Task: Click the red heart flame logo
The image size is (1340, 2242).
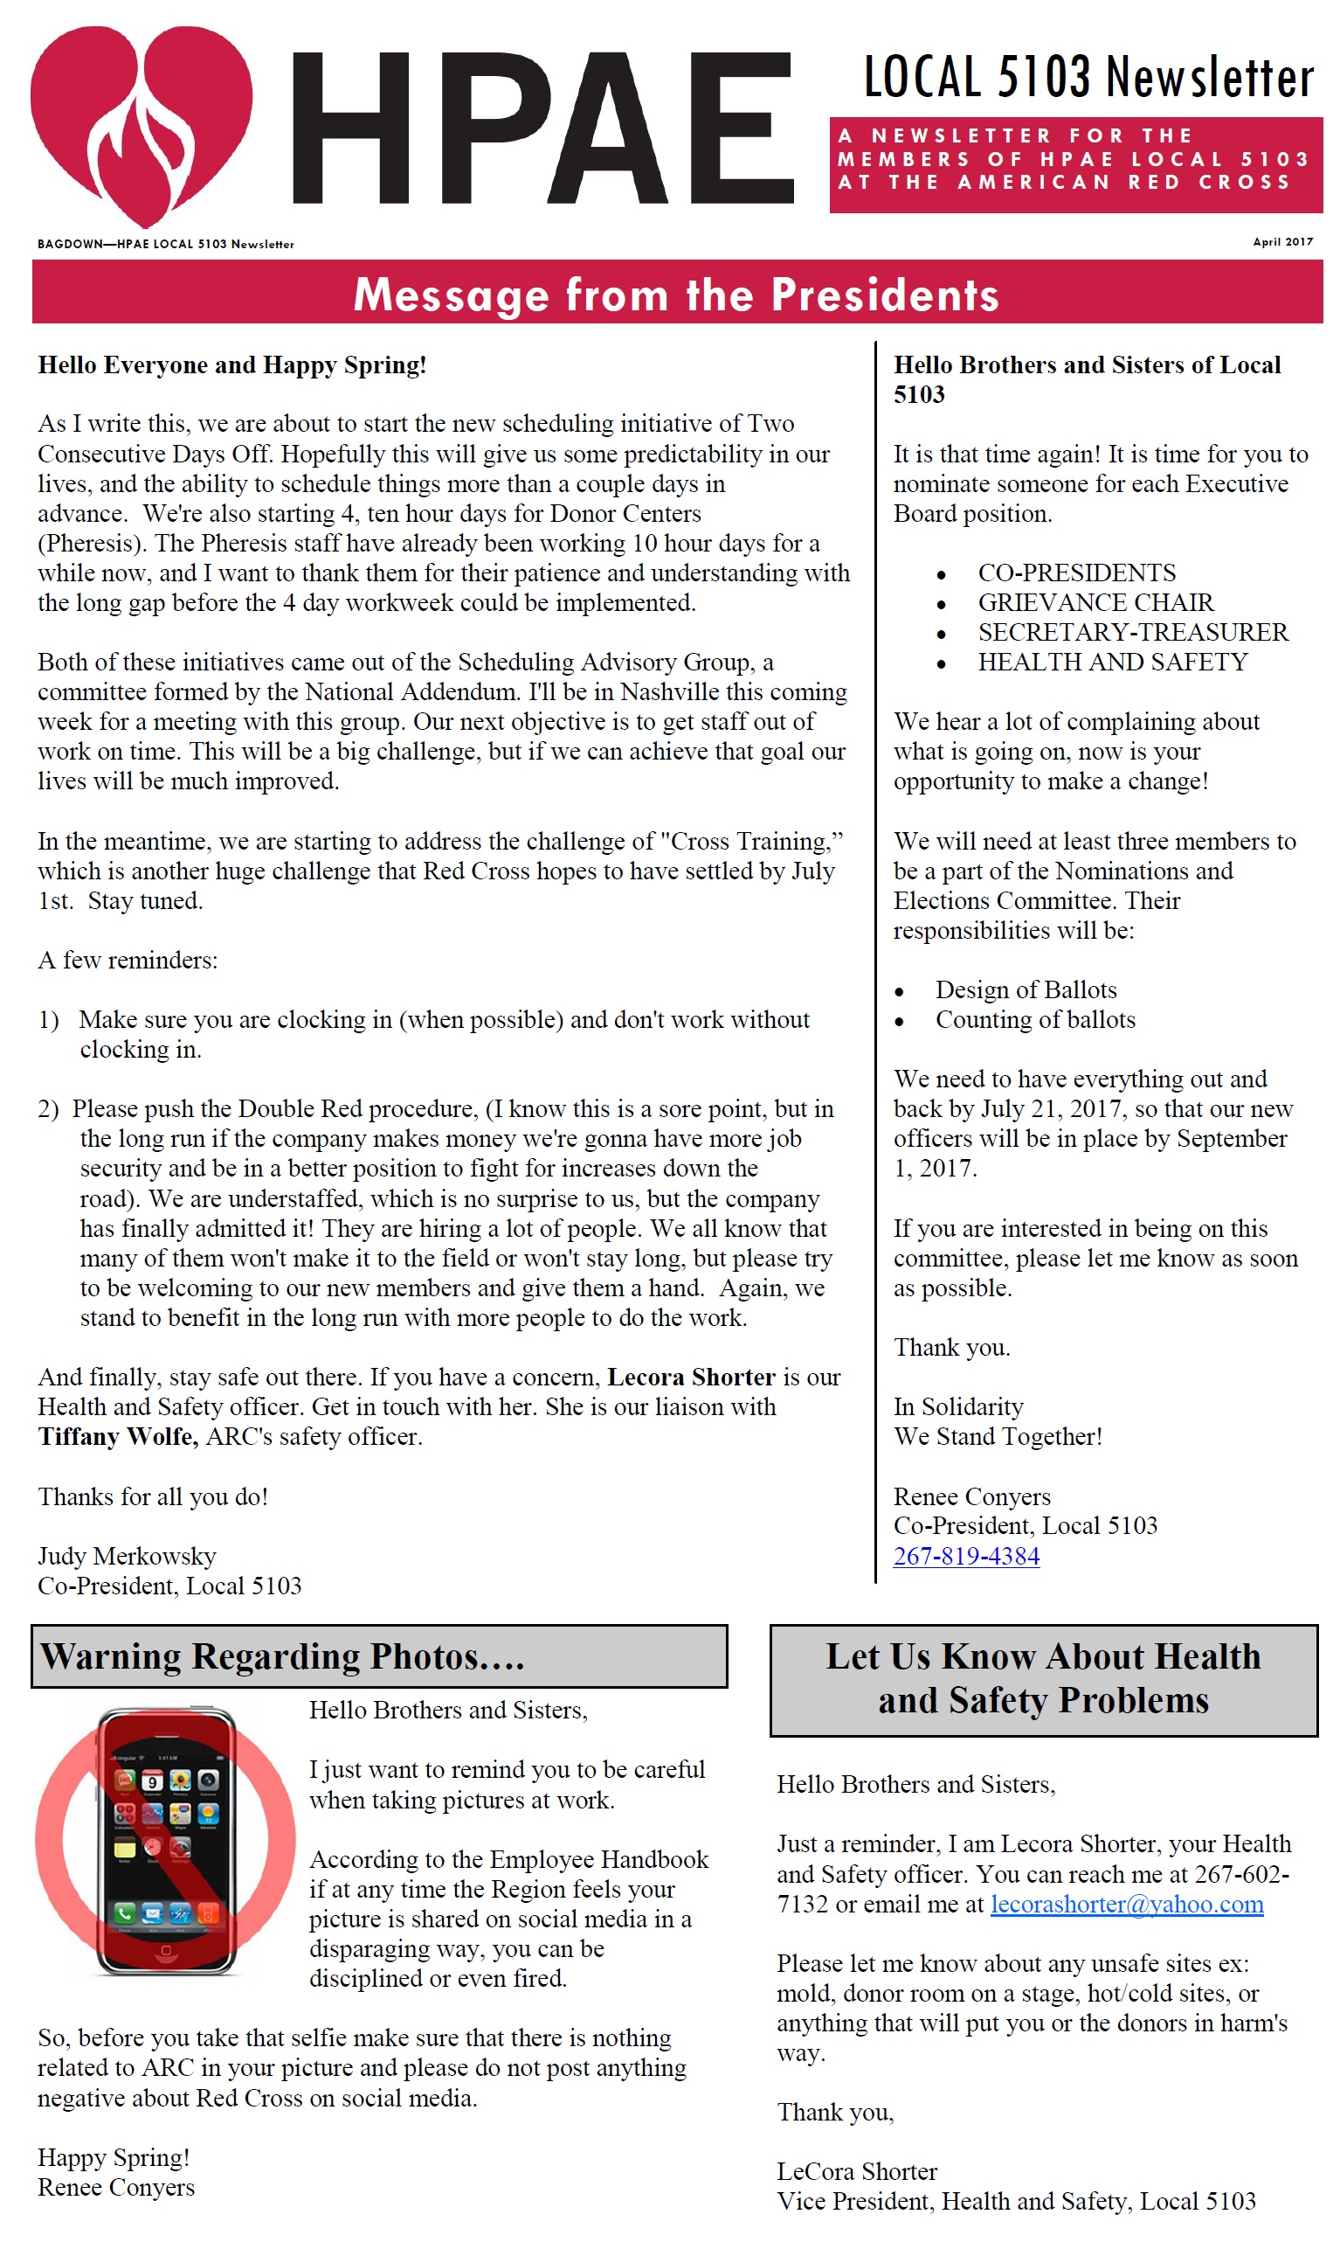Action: click(141, 122)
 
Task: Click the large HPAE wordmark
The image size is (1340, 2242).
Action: click(542, 128)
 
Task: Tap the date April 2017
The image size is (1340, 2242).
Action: click(1282, 242)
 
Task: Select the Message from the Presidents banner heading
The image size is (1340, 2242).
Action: click(676, 295)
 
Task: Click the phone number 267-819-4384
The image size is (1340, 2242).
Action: click(966, 1556)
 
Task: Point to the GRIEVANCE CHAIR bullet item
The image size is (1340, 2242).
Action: click(1095, 602)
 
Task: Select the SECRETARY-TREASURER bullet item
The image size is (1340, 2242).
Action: click(1132, 632)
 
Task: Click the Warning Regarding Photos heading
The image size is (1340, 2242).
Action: click(283, 1656)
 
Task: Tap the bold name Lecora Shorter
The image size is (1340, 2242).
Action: click(691, 1377)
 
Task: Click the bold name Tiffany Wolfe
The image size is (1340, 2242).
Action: click(117, 1436)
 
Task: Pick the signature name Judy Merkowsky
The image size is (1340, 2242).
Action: click(128, 1556)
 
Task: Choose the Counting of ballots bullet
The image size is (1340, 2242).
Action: click(1035, 1020)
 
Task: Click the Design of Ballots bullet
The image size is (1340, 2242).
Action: click(1026, 990)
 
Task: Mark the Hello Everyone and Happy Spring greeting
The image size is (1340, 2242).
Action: click(232, 365)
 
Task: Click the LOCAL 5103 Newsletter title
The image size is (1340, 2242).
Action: click(1088, 78)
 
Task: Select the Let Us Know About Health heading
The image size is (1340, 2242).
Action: click(1043, 1678)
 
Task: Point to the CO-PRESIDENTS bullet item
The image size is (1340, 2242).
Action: click(1076, 573)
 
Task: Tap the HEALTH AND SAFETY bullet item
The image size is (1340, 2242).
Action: click(1113, 663)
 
